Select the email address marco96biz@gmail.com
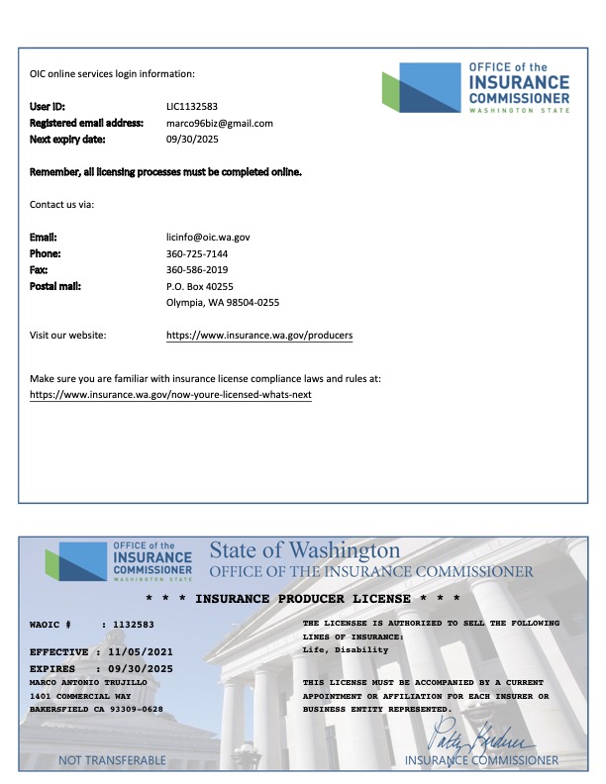(x=219, y=123)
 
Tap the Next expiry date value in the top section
(x=192, y=140)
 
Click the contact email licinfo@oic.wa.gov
(x=208, y=238)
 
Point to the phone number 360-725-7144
(x=197, y=253)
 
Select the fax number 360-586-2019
(x=197, y=269)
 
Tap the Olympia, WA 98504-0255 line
(x=223, y=302)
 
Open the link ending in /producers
(x=259, y=336)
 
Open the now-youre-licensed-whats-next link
(x=170, y=394)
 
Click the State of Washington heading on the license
(x=305, y=550)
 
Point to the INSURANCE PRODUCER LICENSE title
(x=303, y=599)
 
